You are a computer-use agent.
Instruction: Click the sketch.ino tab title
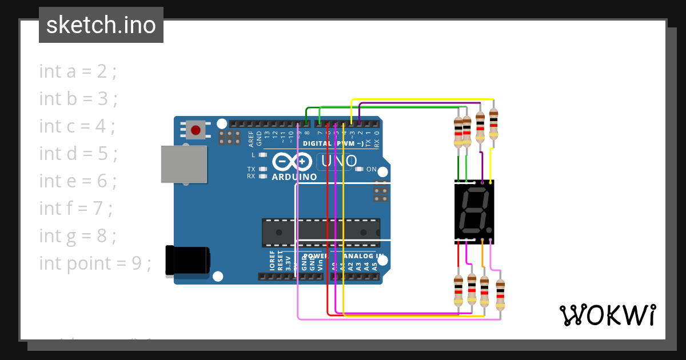pyautogui.click(x=101, y=25)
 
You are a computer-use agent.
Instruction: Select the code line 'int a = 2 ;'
pyautogui.click(x=78, y=71)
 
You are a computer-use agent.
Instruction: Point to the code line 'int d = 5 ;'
pyautogui.click(x=78, y=154)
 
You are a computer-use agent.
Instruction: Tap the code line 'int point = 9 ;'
pyautogui.click(x=95, y=263)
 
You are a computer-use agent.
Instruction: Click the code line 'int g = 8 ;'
pyautogui.click(x=78, y=236)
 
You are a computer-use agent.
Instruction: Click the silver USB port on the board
pyautogui.click(x=184, y=164)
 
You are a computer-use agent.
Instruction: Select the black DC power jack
pyautogui.click(x=186, y=260)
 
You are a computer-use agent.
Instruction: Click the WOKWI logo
pyautogui.click(x=607, y=315)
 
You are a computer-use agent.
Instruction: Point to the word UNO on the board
pyautogui.click(x=339, y=162)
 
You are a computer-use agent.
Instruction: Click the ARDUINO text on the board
pyautogui.click(x=294, y=177)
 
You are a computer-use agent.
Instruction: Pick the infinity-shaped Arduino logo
pyautogui.click(x=293, y=162)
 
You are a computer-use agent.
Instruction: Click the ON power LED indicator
pyautogui.click(x=359, y=169)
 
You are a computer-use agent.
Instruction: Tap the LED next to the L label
pyautogui.click(x=263, y=155)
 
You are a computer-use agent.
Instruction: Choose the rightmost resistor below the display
pyautogui.click(x=500, y=294)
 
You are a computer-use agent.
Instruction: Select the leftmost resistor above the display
pyautogui.click(x=458, y=131)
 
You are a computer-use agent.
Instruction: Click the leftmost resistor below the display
pyautogui.click(x=458, y=291)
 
